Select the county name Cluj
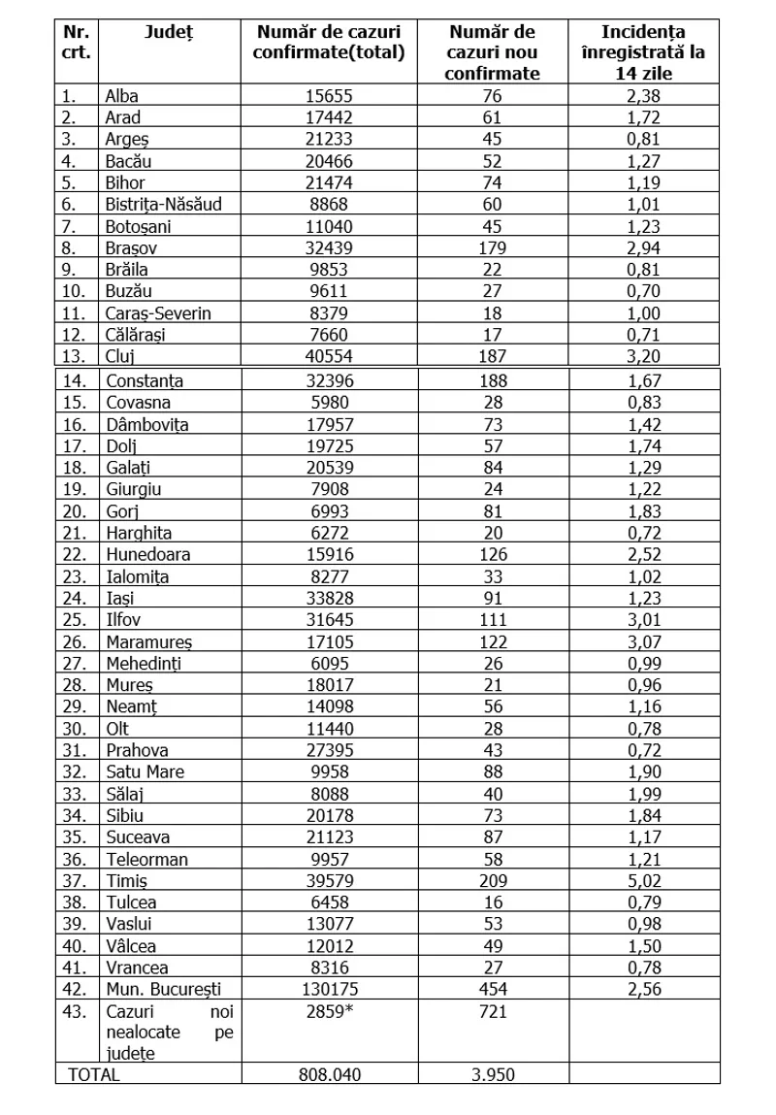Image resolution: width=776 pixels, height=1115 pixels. click(x=119, y=355)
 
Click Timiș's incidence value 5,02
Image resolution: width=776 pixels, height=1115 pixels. click(x=644, y=880)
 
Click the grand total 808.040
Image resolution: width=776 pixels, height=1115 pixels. click(x=329, y=1074)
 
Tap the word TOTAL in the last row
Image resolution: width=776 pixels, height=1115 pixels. click(x=93, y=1074)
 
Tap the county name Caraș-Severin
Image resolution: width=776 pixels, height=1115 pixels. click(x=157, y=312)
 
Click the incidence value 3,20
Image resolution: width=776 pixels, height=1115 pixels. click(x=644, y=355)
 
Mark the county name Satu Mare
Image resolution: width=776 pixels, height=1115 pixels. click(x=145, y=771)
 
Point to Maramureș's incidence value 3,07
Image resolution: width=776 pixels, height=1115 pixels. click(x=644, y=641)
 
